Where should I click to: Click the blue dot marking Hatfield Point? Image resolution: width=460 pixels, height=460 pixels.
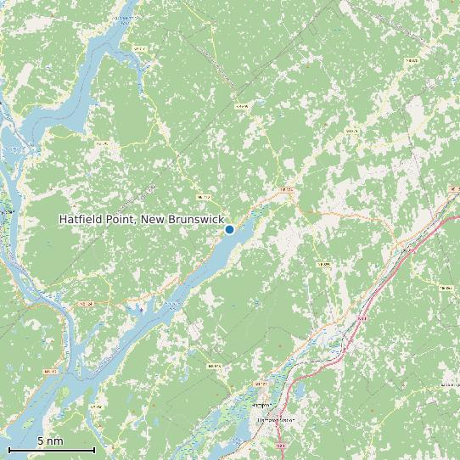[229, 229]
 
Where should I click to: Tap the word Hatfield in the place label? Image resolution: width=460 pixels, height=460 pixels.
[81, 219]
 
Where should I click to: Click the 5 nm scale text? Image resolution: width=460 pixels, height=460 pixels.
[50, 441]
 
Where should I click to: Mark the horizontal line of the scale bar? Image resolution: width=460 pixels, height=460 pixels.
[51, 450]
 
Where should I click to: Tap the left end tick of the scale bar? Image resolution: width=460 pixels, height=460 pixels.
[8, 449]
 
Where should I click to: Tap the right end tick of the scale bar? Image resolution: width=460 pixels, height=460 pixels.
[94, 449]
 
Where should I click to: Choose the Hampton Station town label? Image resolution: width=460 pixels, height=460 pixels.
[275, 419]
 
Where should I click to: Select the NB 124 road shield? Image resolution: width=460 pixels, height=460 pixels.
[84, 303]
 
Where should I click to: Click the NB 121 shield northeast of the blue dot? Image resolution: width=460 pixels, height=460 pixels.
[286, 190]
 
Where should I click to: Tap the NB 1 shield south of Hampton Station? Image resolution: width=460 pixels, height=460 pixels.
[281, 445]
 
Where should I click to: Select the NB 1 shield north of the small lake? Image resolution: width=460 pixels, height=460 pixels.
[362, 318]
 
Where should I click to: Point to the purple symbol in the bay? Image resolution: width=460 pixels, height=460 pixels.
[141, 310]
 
